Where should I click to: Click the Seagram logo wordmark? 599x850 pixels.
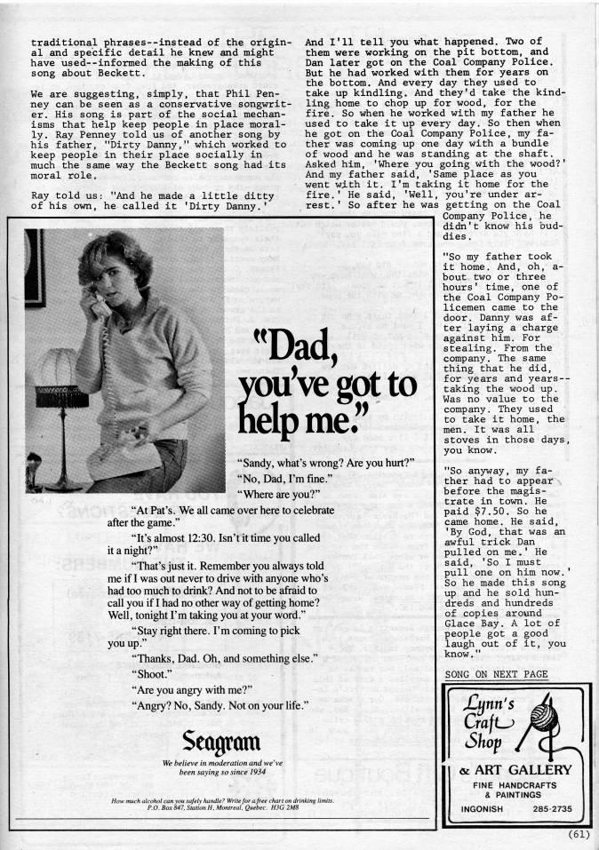(x=220, y=740)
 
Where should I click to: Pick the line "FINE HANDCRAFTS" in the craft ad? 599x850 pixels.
(x=514, y=785)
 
